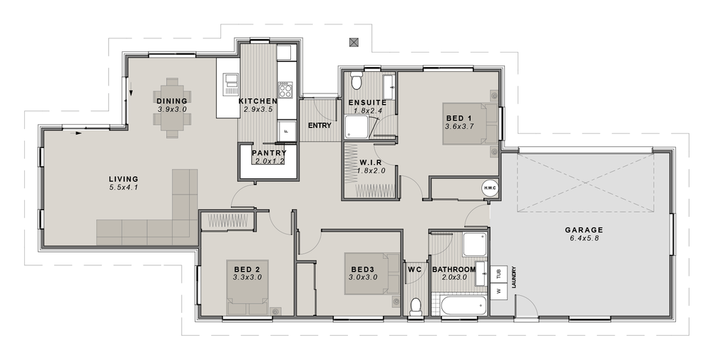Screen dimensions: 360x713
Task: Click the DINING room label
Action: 172,101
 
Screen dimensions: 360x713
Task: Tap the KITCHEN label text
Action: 257,101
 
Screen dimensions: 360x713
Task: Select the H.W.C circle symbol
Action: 489,187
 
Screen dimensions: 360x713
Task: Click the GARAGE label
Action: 584,230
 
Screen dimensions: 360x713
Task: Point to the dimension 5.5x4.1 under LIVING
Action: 123,187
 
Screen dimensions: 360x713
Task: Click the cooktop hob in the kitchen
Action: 284,90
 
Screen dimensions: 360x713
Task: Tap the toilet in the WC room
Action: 416,306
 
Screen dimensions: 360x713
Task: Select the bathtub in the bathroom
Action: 461,307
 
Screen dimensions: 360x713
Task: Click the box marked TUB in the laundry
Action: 499,272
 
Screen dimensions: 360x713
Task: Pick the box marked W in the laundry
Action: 499,290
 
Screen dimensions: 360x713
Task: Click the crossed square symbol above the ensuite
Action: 354,42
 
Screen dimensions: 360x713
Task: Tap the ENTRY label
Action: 318,125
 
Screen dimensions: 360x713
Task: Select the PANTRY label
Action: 270,153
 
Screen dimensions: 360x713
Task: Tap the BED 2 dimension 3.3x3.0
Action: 248,277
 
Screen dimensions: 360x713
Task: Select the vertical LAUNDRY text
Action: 513,279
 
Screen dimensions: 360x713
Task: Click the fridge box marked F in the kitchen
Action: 286,131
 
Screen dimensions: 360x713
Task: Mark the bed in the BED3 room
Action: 372,273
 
